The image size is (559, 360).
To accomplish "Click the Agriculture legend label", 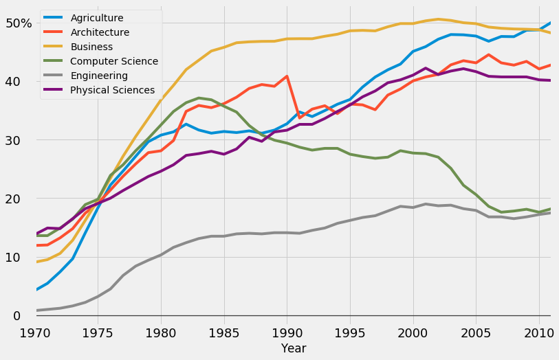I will [97, 18].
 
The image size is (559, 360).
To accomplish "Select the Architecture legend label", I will [100, 32].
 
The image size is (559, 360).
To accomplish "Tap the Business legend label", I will [91, 47].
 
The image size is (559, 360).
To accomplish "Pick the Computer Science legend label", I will [114, 61].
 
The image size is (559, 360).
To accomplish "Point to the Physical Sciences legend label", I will [113, 90].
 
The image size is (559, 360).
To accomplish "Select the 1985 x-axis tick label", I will [223, 332].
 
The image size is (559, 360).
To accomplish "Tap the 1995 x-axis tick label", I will [350, 332].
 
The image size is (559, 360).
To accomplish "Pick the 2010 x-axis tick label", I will [538, 332].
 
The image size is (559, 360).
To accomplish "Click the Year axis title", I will [294, 349].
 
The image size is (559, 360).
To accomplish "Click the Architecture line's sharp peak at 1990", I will [287, 76].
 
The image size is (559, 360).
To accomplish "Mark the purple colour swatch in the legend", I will [55, 90].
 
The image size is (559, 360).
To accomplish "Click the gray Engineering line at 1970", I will [36, 311].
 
